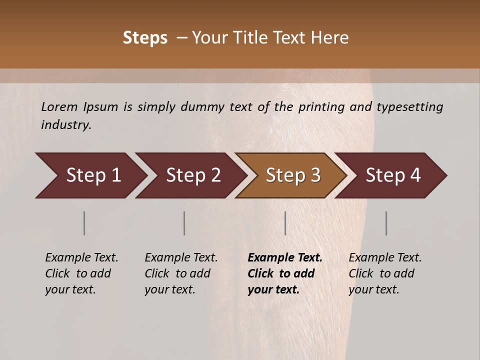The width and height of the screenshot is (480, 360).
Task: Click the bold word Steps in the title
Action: (145, 38)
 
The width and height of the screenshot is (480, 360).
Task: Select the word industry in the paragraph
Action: (65, 125)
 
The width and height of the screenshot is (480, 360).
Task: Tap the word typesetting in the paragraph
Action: (409, 107)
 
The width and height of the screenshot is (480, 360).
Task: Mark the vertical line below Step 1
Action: (84, 223)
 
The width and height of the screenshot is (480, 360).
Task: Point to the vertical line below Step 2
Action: (184, 223)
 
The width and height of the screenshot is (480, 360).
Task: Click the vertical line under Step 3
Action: (285, 223)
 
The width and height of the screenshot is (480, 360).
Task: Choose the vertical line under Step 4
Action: (386, 223)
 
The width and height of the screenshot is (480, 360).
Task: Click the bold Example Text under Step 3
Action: (285, 258)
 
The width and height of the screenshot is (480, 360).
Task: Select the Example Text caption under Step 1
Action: (81, 258)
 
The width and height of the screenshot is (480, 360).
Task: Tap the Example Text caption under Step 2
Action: (181, 258)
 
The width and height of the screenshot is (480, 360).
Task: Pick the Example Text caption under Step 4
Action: (385, 258)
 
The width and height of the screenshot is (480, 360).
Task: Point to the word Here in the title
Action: (330, 38)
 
